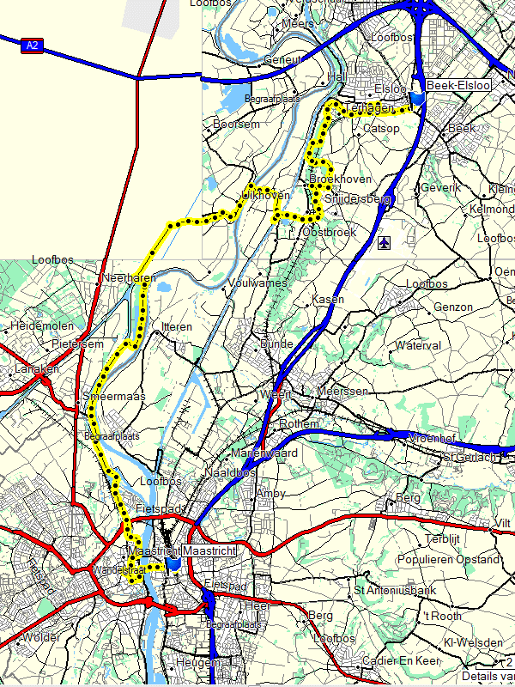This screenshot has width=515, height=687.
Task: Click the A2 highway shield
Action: (32, 45)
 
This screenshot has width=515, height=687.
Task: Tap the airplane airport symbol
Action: (383, 243)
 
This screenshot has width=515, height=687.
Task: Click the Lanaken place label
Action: (37, 368)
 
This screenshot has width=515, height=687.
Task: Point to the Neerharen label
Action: (126, 278)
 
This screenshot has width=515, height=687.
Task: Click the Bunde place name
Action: (276, 344)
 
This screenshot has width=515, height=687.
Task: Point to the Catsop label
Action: (382, 128)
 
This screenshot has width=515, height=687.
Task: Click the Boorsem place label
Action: (236, 125)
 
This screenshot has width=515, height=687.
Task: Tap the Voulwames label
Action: (257, 283)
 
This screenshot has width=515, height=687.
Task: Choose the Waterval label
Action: (418, 345)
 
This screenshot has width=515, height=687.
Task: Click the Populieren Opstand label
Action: (463, 559)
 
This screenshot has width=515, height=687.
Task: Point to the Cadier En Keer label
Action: (397, 660)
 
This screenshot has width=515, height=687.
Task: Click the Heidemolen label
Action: (40, 326)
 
